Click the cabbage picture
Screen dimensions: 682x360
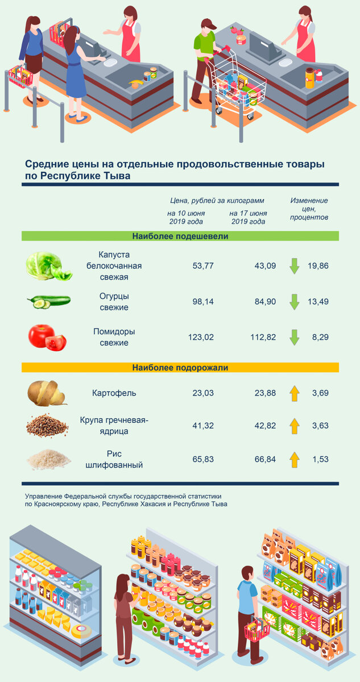pos(48,266)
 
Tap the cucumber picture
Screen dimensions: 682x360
pos(48,301)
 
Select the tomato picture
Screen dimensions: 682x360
pos(47,337)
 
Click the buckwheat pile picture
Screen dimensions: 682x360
pos(47,426)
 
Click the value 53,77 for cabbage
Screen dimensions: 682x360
pos(203,265)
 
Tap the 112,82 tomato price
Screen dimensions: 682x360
pos(263,337)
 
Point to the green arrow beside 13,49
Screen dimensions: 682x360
pos(294,302)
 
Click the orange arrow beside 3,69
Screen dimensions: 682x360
pos(294,393)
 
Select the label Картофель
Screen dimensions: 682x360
pos(114,393)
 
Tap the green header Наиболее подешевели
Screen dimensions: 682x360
pos(180,236)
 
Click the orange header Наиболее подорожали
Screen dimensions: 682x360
pos(180,368)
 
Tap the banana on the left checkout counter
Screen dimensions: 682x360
pos(135,84)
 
